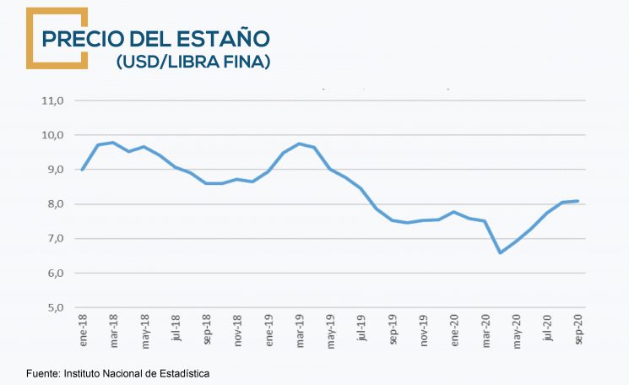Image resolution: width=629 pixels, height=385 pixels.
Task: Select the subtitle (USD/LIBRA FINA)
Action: click(193, 62)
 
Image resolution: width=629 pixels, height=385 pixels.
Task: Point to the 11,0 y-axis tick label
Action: click(52, 100)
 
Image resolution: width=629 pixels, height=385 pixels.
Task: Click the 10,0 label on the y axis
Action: click(52, 135)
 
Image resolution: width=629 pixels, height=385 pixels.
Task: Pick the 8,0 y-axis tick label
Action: click(54, 204)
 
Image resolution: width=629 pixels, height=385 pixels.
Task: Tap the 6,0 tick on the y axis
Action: click(54, 273)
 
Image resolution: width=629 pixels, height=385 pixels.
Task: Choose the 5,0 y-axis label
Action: click(54, 307)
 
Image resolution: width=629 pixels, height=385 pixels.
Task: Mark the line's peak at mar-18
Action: click(113, 143)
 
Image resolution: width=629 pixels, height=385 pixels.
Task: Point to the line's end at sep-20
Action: click(577, 201)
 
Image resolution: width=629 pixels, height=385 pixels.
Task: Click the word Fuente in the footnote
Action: click(42, 372)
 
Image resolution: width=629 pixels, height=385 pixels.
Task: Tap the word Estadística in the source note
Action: click(182, 372)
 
